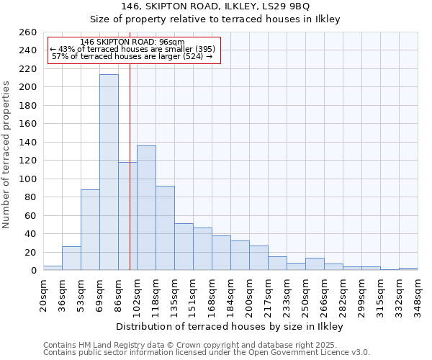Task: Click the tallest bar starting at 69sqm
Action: (109, 173)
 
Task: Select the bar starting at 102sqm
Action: (146, 208)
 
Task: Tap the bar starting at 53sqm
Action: (90, 230)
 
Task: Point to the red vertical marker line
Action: (130, 180)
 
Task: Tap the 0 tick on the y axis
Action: (34, 271)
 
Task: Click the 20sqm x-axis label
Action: (43, 294)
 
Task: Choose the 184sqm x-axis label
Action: (230, 296)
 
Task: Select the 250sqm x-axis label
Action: (305, 296)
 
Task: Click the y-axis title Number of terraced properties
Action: (7, 155)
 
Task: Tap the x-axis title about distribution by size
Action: (230, 327)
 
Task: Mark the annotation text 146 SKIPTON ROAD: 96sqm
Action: (132, 42)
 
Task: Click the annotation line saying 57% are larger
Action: (132, 56)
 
